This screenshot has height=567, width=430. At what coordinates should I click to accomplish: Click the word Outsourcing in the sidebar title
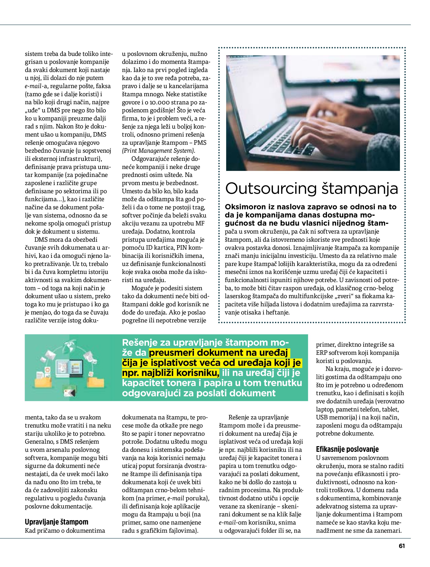tap(271, 189)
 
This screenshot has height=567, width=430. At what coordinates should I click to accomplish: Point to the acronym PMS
tap(200, 143)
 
